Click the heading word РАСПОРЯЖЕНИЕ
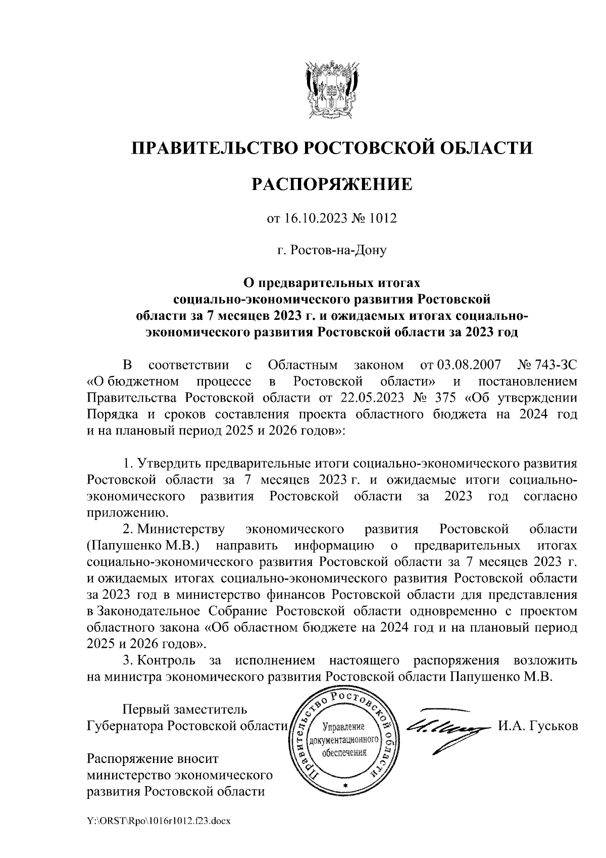[x=332, y=184]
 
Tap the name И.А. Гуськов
[x=537, y=726]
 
